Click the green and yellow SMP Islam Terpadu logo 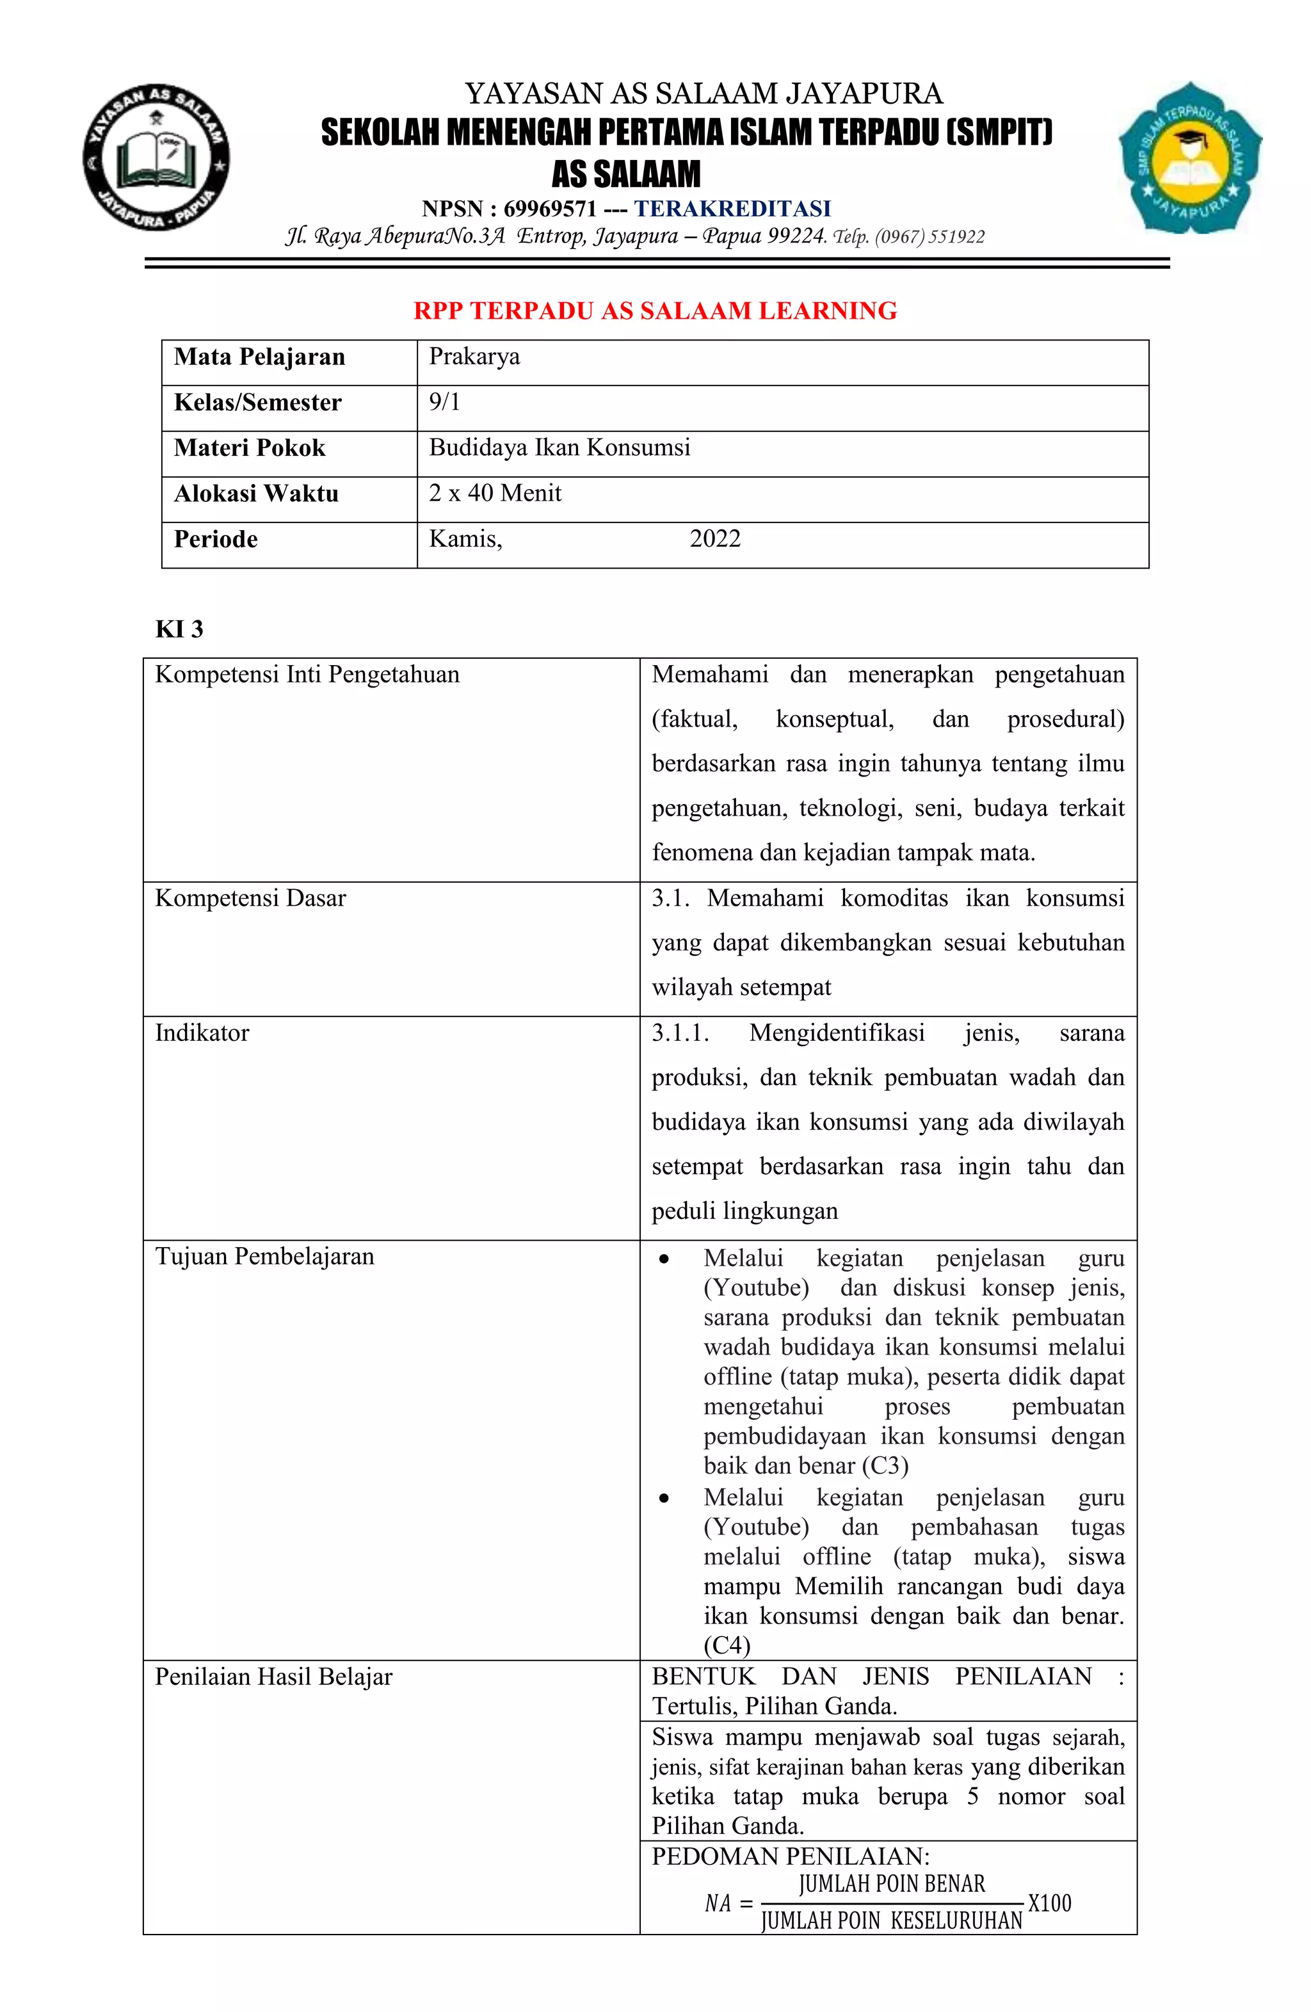pos(1189,158)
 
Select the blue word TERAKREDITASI pos(733,208)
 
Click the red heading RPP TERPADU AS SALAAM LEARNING pos(655,311)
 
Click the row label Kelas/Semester pos(258,403)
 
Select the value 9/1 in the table pos(445,403)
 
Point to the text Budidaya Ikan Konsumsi pos(559,447)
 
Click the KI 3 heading pos(179,629)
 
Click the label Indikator pos(202,1033)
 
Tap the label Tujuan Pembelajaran pos(264,1256)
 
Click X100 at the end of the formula pos(1049,1903)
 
